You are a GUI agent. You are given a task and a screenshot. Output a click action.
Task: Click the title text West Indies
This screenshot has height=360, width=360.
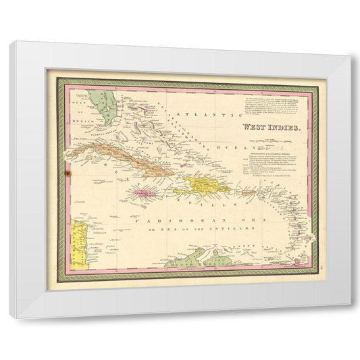pyautogui.click(x=262, y=127)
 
